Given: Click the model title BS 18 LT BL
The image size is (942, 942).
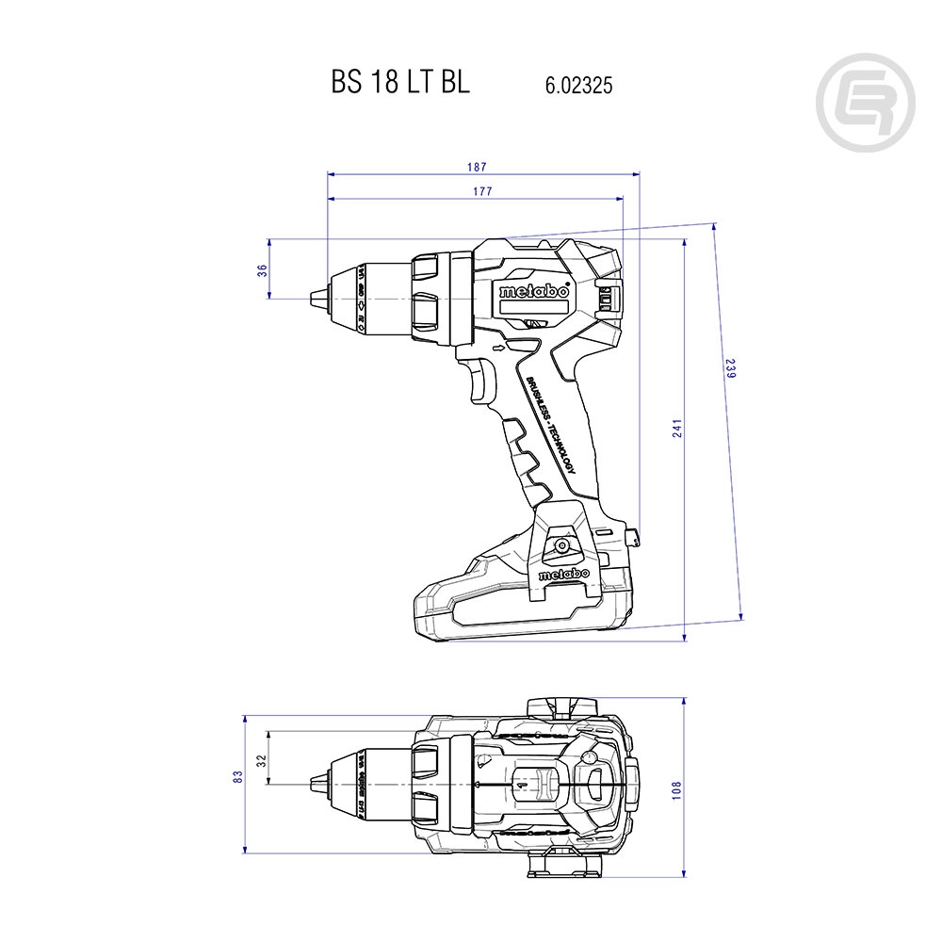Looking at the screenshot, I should (x=400, y=83).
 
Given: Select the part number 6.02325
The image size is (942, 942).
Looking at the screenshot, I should (x=578, y=85).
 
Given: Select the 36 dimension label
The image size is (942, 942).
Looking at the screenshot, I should (x=263, y=269).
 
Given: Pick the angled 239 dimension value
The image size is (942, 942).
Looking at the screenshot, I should (x=729, y=368).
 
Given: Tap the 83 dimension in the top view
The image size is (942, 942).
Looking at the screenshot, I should (x=238, y=776).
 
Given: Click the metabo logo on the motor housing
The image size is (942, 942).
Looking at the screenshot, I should (x=534, y=291).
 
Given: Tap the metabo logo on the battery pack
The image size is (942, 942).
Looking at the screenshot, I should (x=563, y=574).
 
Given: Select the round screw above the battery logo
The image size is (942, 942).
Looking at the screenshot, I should (x=561, y=544).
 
